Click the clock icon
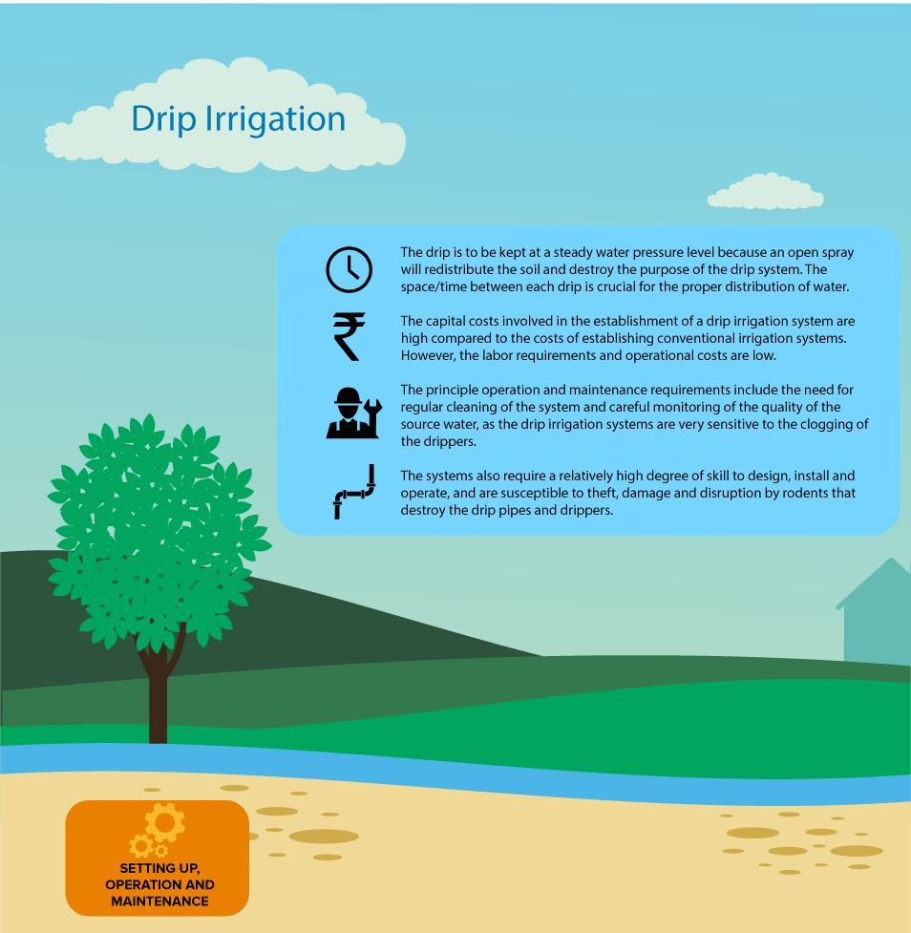(x=350, y=269)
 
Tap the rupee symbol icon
(x=350, y=336)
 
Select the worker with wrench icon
(x=354, y=413)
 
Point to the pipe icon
(x=354, y=492)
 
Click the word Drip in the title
(x=163, y=119)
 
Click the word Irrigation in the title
(x=276, y=119)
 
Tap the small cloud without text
(x=765, y=192)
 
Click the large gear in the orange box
(x=165, y=822)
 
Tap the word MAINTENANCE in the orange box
(x=160, y=901)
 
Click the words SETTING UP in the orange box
(x=160, y=868)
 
